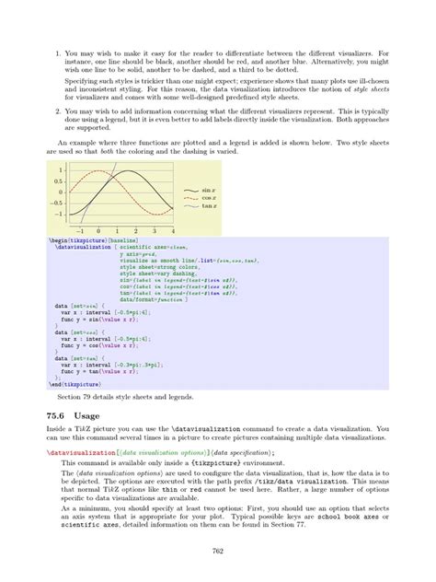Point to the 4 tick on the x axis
point(172,230)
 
